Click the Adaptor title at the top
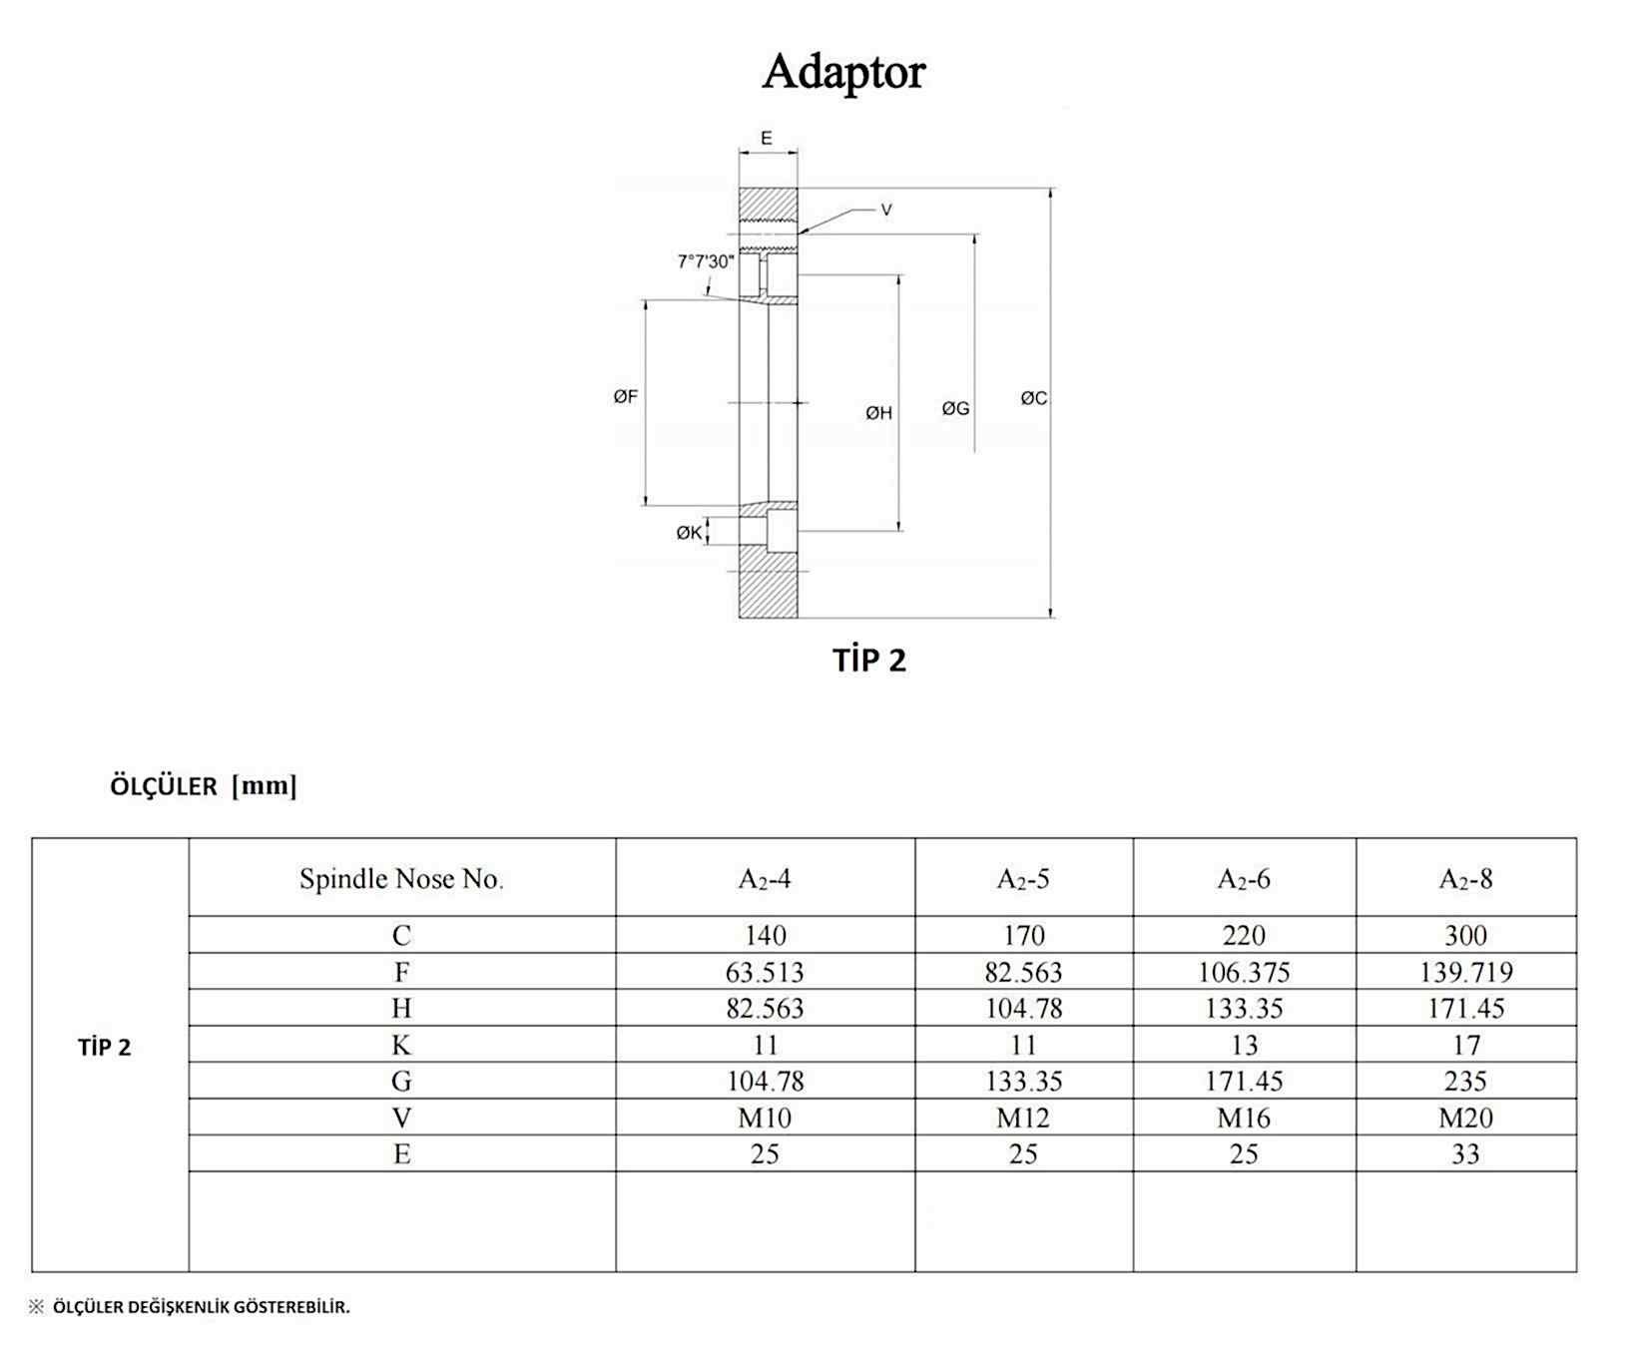pos(843,72)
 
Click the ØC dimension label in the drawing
pos(1033,398)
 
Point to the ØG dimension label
pos(955,408)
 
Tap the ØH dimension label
pos(878,413)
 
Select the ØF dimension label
pos(626,397)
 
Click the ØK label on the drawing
pos(689,533)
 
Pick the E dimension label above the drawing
pos(767,139)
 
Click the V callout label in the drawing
pos(885,211)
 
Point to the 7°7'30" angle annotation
pos(706,261)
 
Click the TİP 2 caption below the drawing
pos(869,661)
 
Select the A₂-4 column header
pos(765,879)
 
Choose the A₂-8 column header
pos(1465,879)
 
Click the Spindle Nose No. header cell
pos(401,879)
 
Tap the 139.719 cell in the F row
pos(1465,972)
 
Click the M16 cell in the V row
pos(1244,1118)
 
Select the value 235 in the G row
pos(1465,1082)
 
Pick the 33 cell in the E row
pos(1465,1154)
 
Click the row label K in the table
pos(401,1045)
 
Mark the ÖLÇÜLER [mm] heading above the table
pos(204,786)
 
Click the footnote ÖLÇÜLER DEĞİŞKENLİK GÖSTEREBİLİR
pos(201,1307)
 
